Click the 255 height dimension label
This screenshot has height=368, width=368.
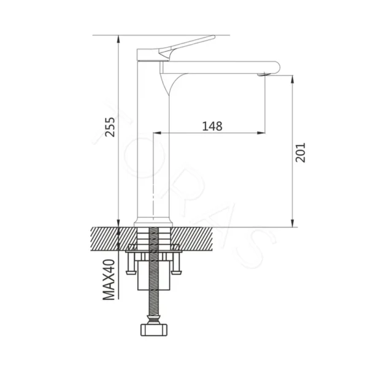pos(110,127)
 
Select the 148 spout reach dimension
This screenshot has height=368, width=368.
pos(212,126)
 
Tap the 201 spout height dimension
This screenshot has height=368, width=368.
pos(301,152)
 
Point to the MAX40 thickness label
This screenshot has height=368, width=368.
pos(109,280)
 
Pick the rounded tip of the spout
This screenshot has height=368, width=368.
pos(277,67)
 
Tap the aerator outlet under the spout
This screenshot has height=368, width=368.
pos(264,75)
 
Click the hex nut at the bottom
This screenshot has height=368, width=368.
pos(154,330)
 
